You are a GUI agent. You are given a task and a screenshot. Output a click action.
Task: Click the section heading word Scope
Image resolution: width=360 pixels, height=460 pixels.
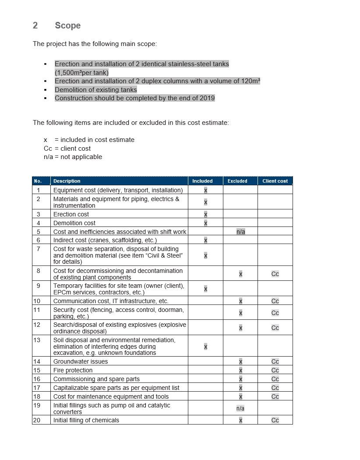click(67, 25)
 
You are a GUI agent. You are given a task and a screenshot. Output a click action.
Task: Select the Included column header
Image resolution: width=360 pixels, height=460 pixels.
click(202, 181)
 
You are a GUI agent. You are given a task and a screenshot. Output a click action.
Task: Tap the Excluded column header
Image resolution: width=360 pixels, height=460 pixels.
click(237, 181)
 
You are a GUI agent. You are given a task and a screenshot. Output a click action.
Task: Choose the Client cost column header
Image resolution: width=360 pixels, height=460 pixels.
click(275, 181)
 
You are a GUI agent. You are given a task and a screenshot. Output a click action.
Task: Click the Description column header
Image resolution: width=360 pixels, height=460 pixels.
click(67, 181)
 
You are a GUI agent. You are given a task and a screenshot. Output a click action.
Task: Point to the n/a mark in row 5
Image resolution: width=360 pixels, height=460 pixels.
click(240, 232)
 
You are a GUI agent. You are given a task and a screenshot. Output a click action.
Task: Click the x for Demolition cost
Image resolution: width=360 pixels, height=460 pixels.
click(205, 223)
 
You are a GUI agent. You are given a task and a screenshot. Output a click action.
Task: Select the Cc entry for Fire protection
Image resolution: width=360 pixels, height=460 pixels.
click(275, 370)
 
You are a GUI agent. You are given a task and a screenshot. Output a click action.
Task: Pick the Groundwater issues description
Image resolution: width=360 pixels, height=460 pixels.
click(81, 361)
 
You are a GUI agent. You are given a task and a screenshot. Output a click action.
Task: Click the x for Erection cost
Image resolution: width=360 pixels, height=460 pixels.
click(205, 214)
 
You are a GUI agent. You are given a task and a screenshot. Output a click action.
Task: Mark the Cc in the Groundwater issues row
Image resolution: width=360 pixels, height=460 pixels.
click(275, 361)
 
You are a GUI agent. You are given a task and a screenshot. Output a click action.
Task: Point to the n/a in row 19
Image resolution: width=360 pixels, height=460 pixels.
click(240, 408)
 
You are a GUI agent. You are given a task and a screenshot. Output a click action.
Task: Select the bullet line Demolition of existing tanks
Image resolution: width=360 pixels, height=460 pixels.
click(95, 90)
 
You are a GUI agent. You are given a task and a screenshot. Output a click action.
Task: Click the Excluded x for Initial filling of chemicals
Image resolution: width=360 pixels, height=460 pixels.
click(240, 420)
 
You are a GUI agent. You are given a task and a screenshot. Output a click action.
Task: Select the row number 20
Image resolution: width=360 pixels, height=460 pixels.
click(36, 420)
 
